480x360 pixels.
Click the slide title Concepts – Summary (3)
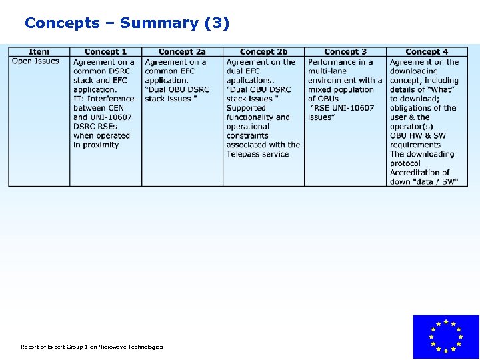(x=127, y=23)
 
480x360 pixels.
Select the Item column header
(x=39, y=51)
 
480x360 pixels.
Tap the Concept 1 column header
(x=105, y=51)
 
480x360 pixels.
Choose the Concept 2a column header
(x=182, y=51)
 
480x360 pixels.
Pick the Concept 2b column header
(x=263, y=51)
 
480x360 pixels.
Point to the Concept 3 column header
(x=345, y=51)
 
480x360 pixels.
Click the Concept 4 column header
(x=427, y=51)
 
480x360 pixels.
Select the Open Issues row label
(x=35, y=61)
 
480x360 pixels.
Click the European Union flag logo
(x=445, y=337)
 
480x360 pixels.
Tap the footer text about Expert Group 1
(x=91, y=347)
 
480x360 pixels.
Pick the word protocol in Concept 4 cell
(x=405, y=163)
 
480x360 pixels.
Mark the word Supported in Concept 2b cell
(x=245, y=108)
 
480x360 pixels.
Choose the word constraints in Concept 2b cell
(x=247, y=135)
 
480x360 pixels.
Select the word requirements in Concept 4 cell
(x=415, y=145)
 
